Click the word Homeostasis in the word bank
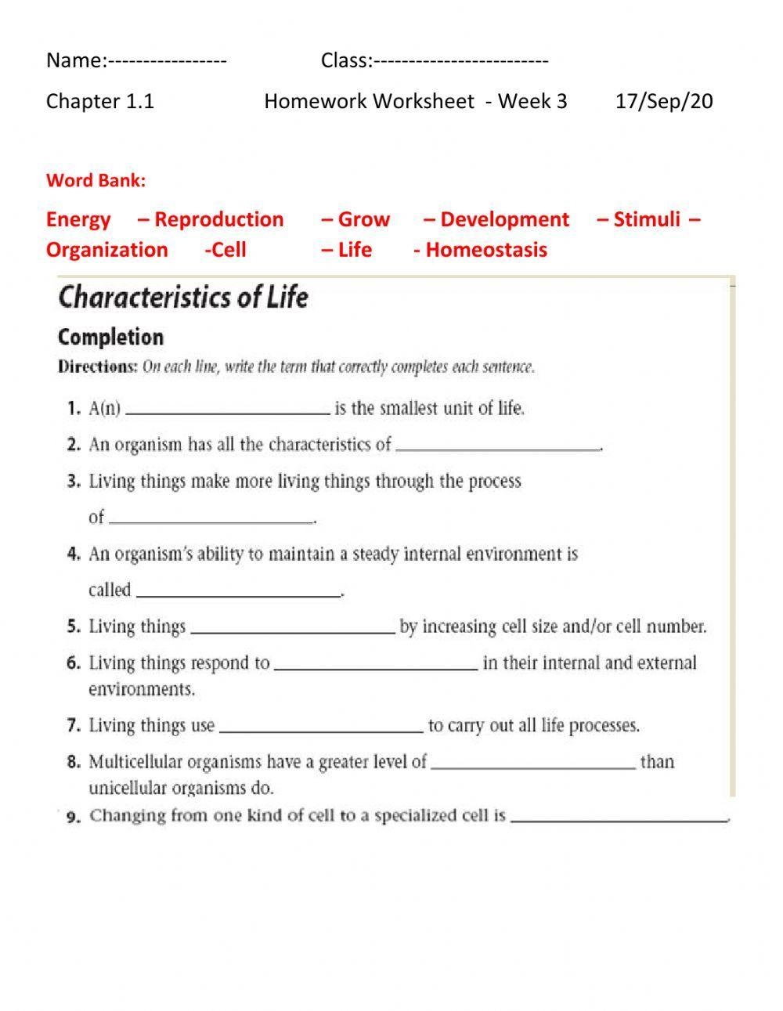click(486, 250)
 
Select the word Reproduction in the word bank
click(218, 219)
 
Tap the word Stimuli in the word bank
click(647, 219)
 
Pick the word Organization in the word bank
click(106, 250)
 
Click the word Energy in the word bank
click(78, 219)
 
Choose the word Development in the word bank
click(504, 219)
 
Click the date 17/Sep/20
click(664, 101)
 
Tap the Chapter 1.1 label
click(100, 101)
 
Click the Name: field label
click(76, 60)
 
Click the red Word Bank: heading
click(96, 181)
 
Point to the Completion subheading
click(110, 338)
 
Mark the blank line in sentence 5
click(293, 630)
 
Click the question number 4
click(74, 554)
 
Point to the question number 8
click(74, 761)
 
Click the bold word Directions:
click(97, 366)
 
